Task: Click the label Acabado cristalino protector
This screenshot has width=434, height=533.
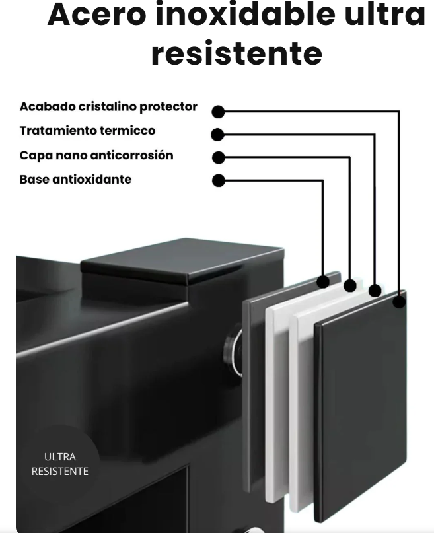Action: tap(108, 106)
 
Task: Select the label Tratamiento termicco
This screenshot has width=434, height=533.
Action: tap(87, 131)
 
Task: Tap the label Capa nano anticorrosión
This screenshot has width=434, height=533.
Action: tap(96, 155)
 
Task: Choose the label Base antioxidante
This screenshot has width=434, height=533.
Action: tap(75, 179)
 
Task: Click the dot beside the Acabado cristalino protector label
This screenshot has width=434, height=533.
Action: tap(219, 112)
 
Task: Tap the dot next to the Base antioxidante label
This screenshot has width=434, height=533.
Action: tap(219, 180)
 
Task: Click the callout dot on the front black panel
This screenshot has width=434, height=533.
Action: tap(399, 302)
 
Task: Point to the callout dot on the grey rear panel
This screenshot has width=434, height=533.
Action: tap(323, 281)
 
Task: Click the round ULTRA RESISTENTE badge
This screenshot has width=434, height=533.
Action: tap(59, 464)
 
